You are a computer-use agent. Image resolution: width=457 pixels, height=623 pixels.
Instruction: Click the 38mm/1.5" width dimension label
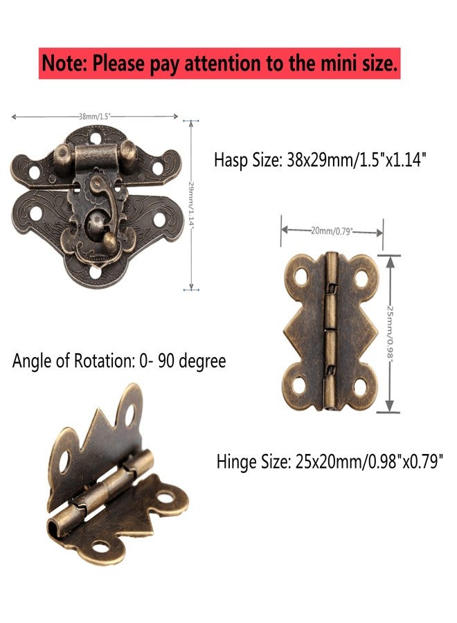tap(94, 116)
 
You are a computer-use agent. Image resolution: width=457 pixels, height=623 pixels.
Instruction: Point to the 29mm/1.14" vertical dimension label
tap(191, 205)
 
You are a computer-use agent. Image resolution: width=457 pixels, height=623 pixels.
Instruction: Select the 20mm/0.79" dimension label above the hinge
tap(332, 231)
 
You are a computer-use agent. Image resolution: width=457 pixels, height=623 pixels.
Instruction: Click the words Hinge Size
tap(253, 462)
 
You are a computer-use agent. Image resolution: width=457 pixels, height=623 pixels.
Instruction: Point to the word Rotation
tap(104, 361)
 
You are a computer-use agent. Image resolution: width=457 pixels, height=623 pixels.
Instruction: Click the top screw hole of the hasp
tap(96, 138)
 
